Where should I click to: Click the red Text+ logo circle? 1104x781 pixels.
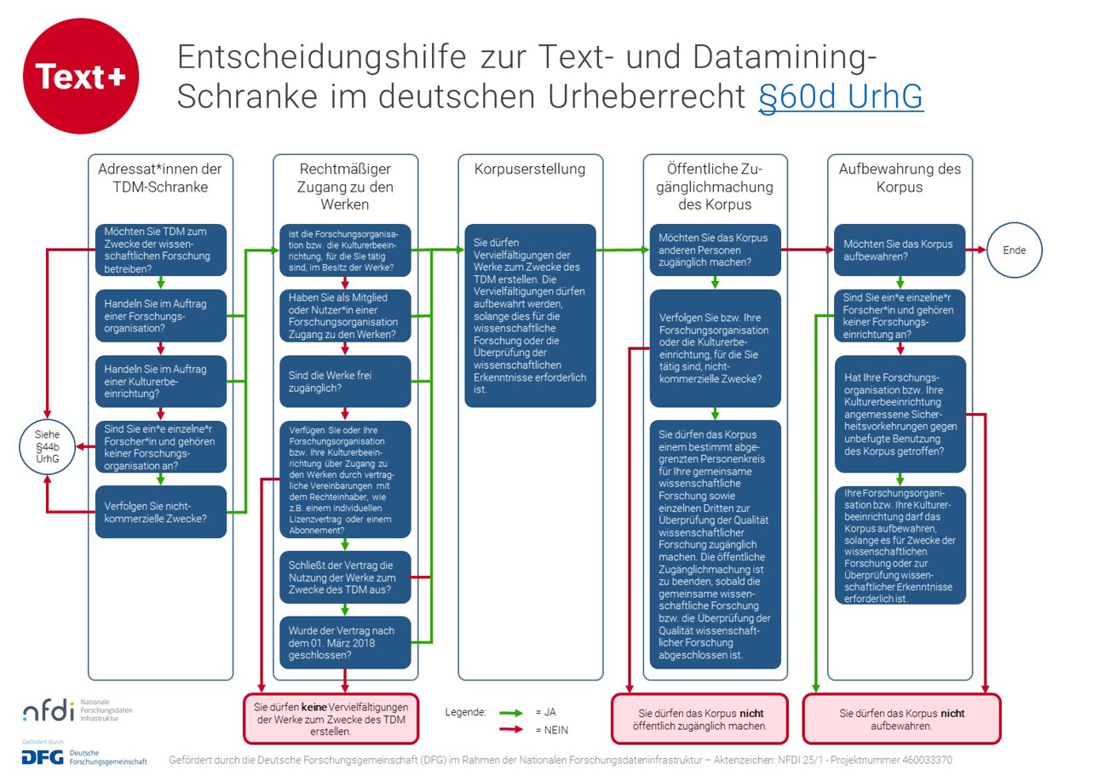[80, 77]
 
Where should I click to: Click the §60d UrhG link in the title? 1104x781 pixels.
[840, 97]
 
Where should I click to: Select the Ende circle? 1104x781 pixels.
[1014, 250]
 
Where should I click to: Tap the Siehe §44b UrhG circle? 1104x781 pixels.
[48, 446]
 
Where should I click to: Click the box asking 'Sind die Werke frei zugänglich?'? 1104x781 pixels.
[345, 382]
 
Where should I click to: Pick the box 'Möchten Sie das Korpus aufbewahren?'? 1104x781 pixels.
[900, 250]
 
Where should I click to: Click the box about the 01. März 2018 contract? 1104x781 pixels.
[345, 642]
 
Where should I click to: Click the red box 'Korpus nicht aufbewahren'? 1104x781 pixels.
[901, 719]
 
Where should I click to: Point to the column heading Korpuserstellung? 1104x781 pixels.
[530, 169]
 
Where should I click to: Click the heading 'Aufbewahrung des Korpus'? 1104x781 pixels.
[900, 177]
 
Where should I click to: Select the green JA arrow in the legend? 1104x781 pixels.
[511, 712]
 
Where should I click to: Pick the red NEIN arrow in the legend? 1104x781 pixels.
[511, 729]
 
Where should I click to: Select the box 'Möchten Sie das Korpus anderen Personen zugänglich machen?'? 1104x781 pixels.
[714, 250]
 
